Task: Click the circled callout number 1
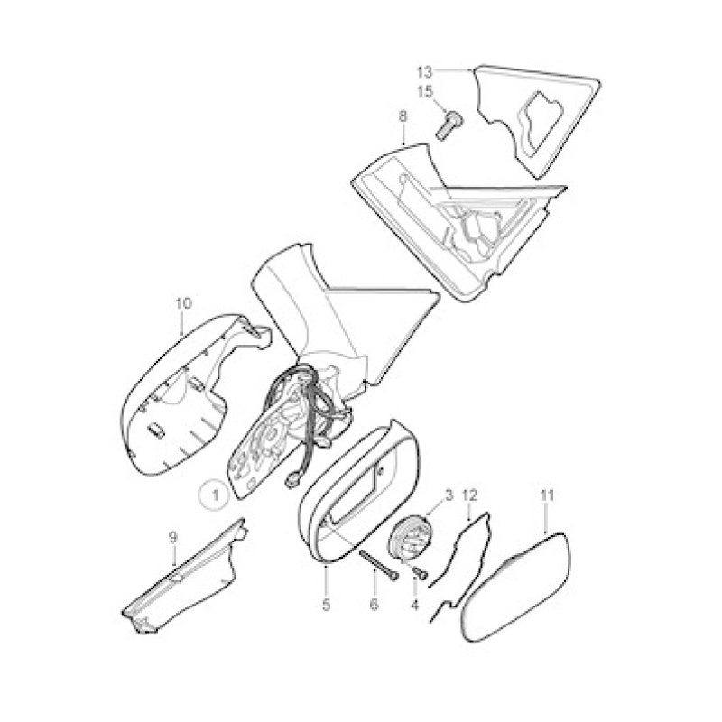click(215, 495)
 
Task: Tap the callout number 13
click(425, 72)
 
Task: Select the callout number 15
click(425, 92)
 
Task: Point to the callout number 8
click(403, 116)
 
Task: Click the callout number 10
click(183, 304)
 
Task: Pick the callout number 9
click(172, 537)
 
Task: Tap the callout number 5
click(327, 605)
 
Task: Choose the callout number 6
click(374, 605)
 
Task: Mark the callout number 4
click(414, 605)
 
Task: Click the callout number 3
click(449, 495)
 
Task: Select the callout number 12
click(469, 495)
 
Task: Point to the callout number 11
click(548, 495)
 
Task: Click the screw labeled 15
click(449, 125)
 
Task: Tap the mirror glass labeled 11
click(516, 588)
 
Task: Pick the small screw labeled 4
click(420, 572)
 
